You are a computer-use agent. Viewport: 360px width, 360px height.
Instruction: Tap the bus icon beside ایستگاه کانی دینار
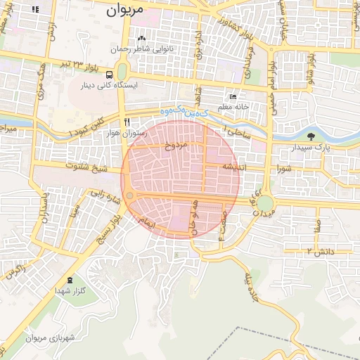tap(108, 75)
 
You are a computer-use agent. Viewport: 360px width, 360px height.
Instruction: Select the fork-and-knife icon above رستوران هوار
tap(126, 121)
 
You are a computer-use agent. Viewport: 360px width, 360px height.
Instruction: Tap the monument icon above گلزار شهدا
tap(69, 281)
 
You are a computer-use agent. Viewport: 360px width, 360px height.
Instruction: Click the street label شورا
tap(283, 169)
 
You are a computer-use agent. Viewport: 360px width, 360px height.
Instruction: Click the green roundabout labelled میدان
tap(264, 203)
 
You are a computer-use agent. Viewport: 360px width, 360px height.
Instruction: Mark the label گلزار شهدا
tap(70, 290)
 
